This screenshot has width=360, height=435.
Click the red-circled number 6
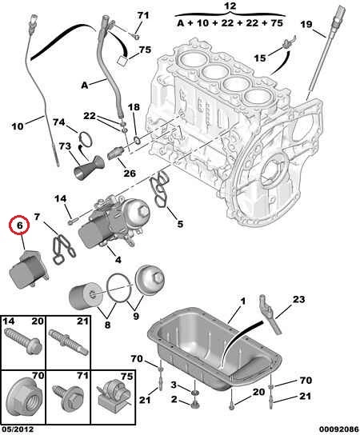(x=19, y=225)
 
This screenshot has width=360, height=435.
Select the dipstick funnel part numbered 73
(x=88, y=169)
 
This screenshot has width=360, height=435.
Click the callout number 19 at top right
(x=306, y=25)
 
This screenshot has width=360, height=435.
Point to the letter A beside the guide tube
(x=84, y=85)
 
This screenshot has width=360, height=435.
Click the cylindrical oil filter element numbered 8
(x=82, y=298)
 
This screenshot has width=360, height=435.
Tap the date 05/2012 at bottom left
(x=18, y=429)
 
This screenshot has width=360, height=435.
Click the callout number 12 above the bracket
(x=230, y=6)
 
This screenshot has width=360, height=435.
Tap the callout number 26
(x=130, y=174)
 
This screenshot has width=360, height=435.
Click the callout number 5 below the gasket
(x=180, y=224)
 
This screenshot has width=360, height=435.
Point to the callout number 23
(x=298, y=299)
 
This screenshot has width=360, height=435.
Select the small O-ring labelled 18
(x=137, y=140)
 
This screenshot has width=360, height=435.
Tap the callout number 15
(x=260, y=58)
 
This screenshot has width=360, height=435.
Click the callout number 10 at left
(x=18, y=126)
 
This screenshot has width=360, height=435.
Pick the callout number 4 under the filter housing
(x=118, y=260)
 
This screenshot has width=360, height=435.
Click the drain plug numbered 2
(x=194, y=405)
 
